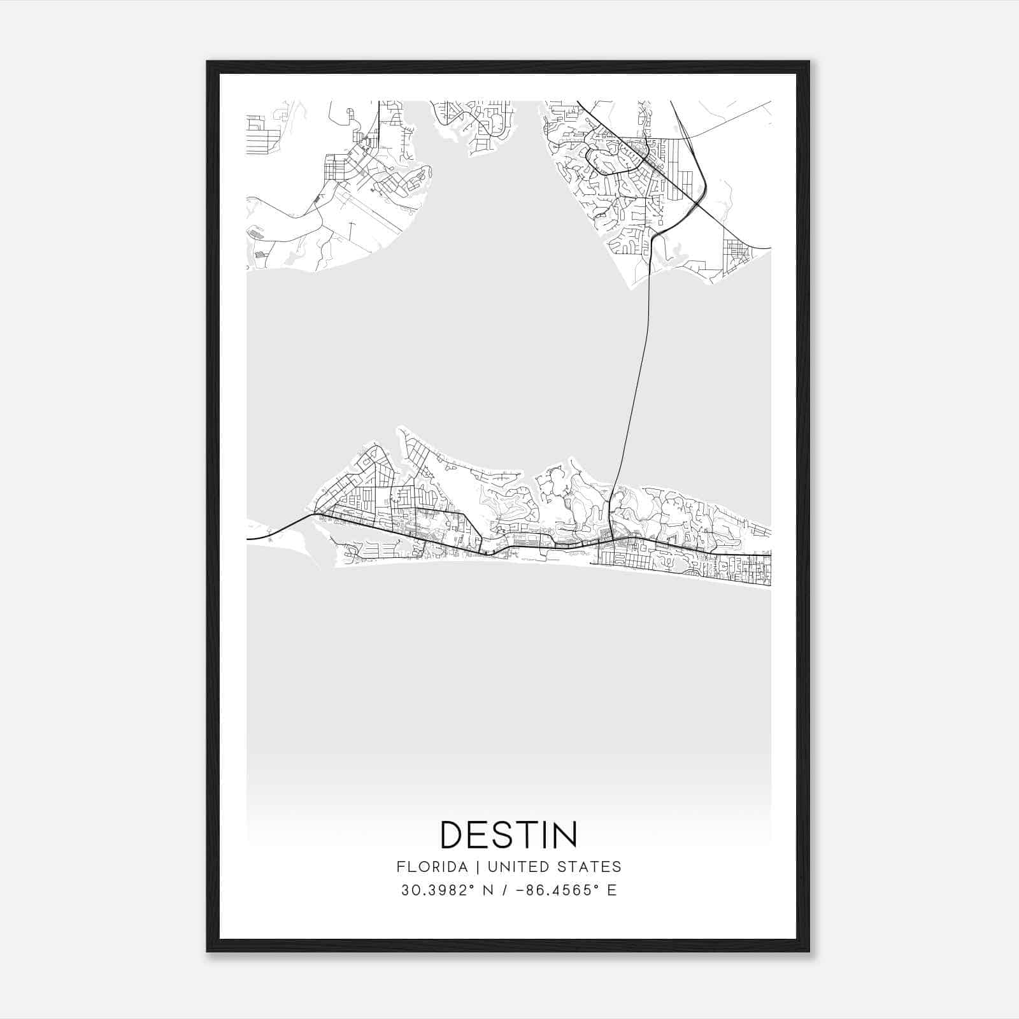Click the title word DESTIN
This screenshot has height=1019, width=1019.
click(509, 834)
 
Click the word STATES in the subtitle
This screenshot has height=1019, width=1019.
click(590, 867)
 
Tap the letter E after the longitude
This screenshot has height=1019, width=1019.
click(611, 890)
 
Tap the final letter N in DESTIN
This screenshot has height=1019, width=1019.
click(566, 834)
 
